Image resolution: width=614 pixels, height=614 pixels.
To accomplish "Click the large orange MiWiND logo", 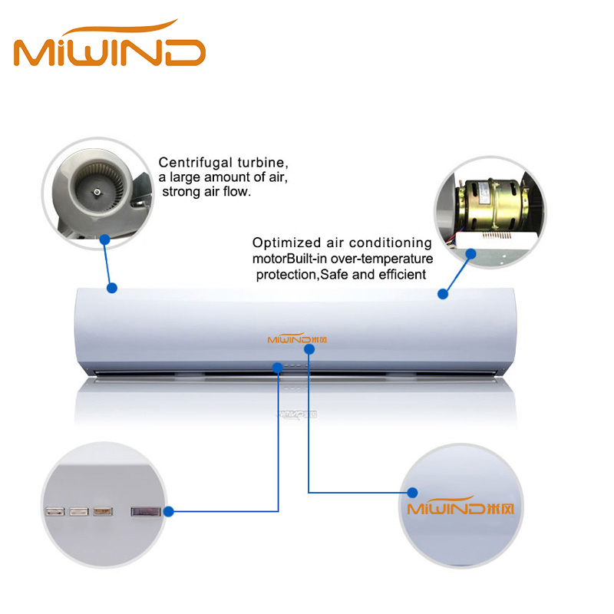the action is [110, 43].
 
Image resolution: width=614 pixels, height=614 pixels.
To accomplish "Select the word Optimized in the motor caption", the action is [286, 243].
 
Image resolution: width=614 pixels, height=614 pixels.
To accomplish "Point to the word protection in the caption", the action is [286, 275].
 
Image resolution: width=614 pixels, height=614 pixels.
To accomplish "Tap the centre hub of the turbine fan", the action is [97, 192].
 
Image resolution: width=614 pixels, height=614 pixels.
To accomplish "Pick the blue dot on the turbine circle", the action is [104, 239].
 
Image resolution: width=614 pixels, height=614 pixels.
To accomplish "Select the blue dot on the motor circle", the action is [471, 254].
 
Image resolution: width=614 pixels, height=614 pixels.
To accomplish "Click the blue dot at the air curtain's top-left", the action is [112, 289].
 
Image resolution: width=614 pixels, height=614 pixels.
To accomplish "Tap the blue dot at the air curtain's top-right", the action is [443, 294].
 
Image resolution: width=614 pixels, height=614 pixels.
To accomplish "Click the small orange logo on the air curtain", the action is [297, 338].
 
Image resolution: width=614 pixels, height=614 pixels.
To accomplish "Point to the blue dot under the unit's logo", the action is [309, 349].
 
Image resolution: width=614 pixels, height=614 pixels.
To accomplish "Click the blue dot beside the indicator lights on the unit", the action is [278, 368].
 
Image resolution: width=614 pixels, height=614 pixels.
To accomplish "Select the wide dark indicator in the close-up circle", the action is [146, 511].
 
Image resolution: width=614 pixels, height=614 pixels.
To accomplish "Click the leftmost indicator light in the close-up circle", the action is [54, 511].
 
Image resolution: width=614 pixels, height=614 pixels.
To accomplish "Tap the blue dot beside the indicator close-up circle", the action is [169, 511].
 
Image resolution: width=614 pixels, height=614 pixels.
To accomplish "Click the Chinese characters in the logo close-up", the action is [501, 509].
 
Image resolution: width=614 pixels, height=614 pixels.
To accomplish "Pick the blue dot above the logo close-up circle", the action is [412, 493].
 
